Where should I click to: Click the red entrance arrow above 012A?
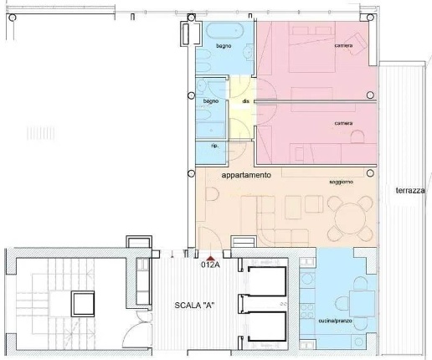211,258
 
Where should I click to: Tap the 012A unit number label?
210,265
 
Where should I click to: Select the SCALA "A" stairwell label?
194,306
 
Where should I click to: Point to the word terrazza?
410,191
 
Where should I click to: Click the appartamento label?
246,175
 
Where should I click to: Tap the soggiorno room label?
342,182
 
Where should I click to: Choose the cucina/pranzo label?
335,321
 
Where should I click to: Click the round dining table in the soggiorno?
350,219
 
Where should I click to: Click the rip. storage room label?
215,146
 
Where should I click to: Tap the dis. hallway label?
245,101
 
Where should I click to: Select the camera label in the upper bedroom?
343,45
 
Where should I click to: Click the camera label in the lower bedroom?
343,123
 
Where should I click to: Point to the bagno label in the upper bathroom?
224,46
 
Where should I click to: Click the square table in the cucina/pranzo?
362,304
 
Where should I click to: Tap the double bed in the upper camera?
311,47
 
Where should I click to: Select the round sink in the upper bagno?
248,52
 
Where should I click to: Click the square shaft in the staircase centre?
83,304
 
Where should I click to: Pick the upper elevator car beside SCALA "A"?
267,281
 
